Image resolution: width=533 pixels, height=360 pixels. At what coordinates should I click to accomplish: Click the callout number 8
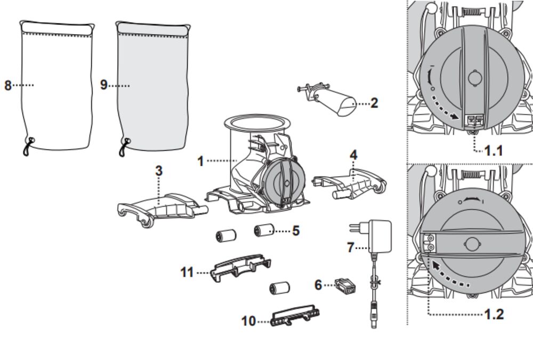pyautogui.click(x=8, y=85)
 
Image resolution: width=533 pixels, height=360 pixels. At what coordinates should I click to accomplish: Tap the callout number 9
pyautogui.click(x=104, y=85)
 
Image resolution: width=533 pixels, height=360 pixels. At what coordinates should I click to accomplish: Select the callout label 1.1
pyautogui.click(x=493, y=151)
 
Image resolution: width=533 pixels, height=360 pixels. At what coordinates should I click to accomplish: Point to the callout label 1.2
pyautogui.click(x=494, y=314)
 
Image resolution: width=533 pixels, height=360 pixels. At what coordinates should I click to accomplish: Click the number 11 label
pyautogui.click(x=187, y=272)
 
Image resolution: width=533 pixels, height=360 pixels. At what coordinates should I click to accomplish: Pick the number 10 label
pyautogui.click(x=248, y=321)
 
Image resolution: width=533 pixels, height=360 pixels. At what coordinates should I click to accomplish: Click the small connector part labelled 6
pyautogui.click(x=345, y=287)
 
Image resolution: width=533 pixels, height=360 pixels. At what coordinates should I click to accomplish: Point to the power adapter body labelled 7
pyautogui.click(x=380, y=236)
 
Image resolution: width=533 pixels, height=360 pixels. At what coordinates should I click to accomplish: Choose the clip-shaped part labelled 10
pyautogui.click(x=295, y=315)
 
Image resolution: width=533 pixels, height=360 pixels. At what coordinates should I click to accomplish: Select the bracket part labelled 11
pyautogui.click(x=240, y=268)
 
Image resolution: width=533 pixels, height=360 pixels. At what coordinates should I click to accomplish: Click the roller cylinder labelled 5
pyautogui.click(x=264, y=230)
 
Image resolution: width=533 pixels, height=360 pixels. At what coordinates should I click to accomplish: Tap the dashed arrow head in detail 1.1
pyautogui.click(x=453, y=117)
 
